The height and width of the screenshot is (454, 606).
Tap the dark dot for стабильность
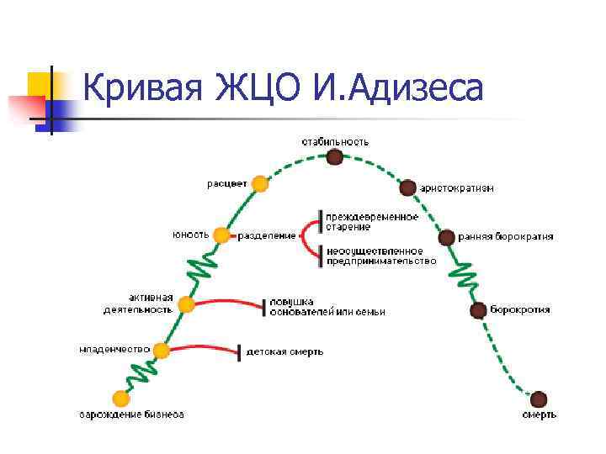click(335, 157)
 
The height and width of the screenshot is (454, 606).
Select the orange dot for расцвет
click(261, 183)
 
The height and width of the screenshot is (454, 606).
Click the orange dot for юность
click(221, 235)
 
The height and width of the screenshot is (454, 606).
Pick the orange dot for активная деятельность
click(187, 304)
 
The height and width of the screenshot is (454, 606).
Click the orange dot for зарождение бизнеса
click(121, 398)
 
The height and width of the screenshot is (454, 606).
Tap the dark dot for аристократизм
click(407, 187)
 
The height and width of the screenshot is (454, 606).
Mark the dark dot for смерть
click(539, 399)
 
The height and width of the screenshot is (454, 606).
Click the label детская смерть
click(284, 352)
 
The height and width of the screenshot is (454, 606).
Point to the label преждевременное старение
click(372, 222)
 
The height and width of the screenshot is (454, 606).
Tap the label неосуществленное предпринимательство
click(380, 255)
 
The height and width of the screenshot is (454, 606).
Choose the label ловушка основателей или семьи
click(327, 306)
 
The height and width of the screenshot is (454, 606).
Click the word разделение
click(267, 236)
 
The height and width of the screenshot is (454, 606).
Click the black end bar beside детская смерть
click(241, 351)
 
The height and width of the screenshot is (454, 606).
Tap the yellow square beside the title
click(39, 83)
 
